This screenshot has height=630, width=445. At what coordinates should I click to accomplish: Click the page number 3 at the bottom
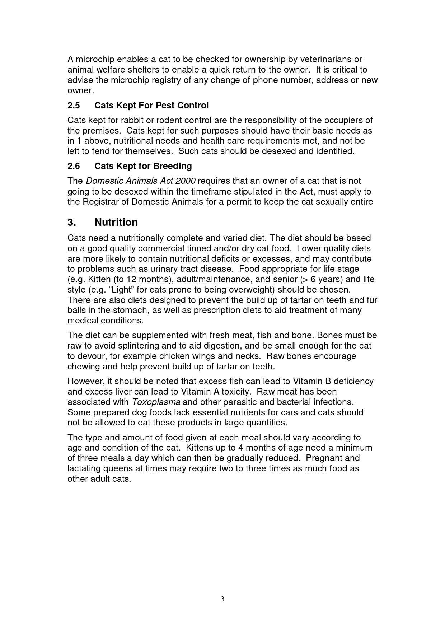pyautogui.click(x=222, y=599)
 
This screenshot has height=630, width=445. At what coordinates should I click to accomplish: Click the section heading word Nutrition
pyautogui.click(x=116, y=223)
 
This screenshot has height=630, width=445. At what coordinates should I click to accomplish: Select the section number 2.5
pyautogui.click(x=74, y=106)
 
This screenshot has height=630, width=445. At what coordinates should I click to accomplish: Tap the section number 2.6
pyautogui.click(x=74, y=166)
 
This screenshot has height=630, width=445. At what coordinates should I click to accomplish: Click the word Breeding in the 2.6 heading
pyautogui.click(x=173, y=166)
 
